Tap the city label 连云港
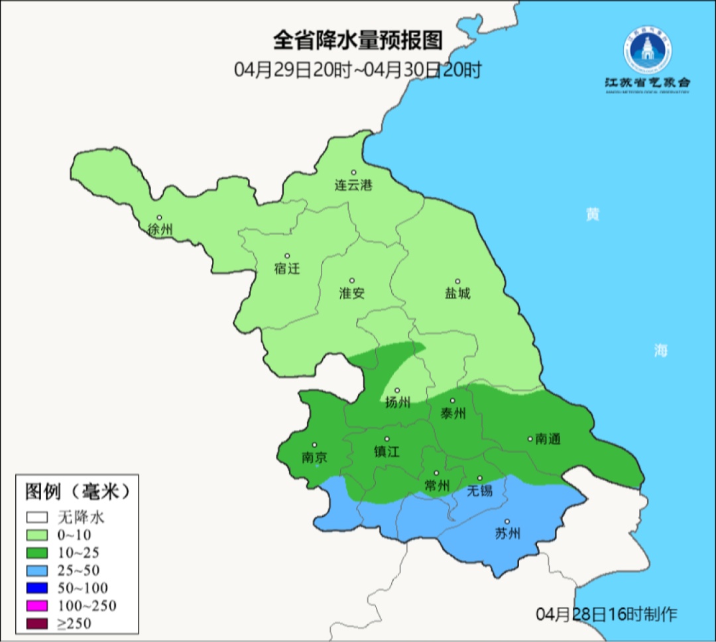coord(353,186)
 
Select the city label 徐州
coord(160,230)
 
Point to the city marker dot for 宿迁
coord(287,256)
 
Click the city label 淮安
coord(352,293)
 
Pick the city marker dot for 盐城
coord(457,281)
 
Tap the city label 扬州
coord(398,402)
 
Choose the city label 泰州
coord(453,413)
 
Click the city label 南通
coord(548,439)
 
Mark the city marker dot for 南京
coord(314,445)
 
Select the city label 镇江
coord(387,451)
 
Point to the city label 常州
coord(437,486)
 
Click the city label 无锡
coord(480,491)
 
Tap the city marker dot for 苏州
coord(507,522)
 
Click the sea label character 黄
coord(592,214)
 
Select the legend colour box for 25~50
coord(37,570)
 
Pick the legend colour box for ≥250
coord(37,623)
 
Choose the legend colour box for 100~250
coord(37,605)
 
